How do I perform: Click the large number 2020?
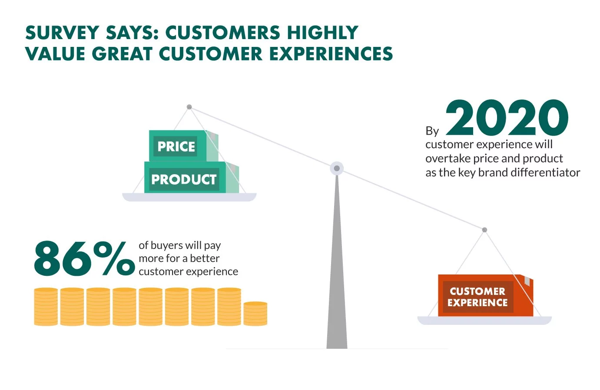[x=507, y=118]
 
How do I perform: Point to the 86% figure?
[x=84, y=259]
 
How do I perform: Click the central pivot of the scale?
[x=337, y=168]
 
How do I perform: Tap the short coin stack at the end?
[x=255, y=314]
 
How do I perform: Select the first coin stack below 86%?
[x=46, y=307]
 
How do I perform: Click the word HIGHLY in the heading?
[x=322, y=33]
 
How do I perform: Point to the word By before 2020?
[x=432, y=131]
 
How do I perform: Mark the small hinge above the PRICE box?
[x=189, y=107]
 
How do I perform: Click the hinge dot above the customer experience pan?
[x=484, y=230]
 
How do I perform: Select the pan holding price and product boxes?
[x=189, y=197]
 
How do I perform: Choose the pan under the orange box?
[x=484, y=321]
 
